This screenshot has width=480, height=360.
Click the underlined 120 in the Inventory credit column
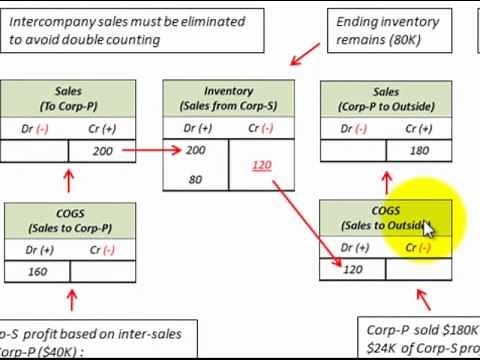[262, 164]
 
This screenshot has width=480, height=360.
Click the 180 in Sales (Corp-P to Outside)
[420, 151]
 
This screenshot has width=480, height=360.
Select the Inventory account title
[228, 98]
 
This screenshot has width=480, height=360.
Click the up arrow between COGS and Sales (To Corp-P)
[69, 180]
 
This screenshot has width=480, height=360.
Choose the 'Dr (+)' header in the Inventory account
[196, 127]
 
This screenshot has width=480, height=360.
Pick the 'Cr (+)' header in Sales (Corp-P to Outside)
[420, 127]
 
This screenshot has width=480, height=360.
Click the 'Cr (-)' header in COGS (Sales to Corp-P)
[102, 247]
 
